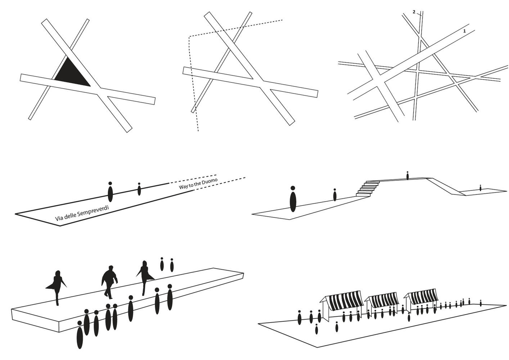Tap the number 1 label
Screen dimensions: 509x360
coord(464,31)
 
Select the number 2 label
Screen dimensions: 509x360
coord(414,12)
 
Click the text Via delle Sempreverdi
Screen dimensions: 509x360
coord(82,213)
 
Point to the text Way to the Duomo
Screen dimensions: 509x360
coord(198,184)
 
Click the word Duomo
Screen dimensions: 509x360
coord(211,181)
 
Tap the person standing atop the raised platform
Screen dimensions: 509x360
coord(407,175)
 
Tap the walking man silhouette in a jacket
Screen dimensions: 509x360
coord(109,282)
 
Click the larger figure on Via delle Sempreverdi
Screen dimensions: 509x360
coord(110,192)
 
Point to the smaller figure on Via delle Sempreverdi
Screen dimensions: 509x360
coord(139,189)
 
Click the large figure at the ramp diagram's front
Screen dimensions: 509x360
coord(293,199)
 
